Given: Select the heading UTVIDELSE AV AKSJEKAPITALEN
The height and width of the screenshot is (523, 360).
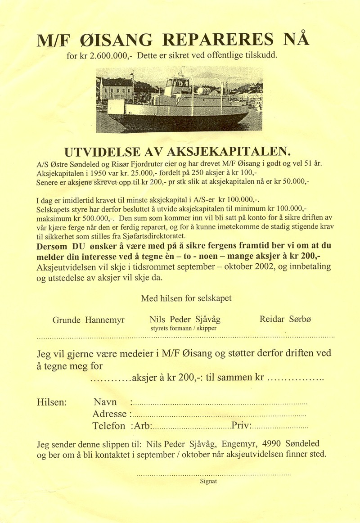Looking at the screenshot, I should coord(179,150).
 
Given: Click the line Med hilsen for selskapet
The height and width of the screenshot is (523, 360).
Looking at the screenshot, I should coord(186,298).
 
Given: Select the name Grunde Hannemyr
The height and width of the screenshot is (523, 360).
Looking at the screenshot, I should coord(89,320).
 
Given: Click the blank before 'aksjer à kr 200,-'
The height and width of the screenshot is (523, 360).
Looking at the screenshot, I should coord(111,379).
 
